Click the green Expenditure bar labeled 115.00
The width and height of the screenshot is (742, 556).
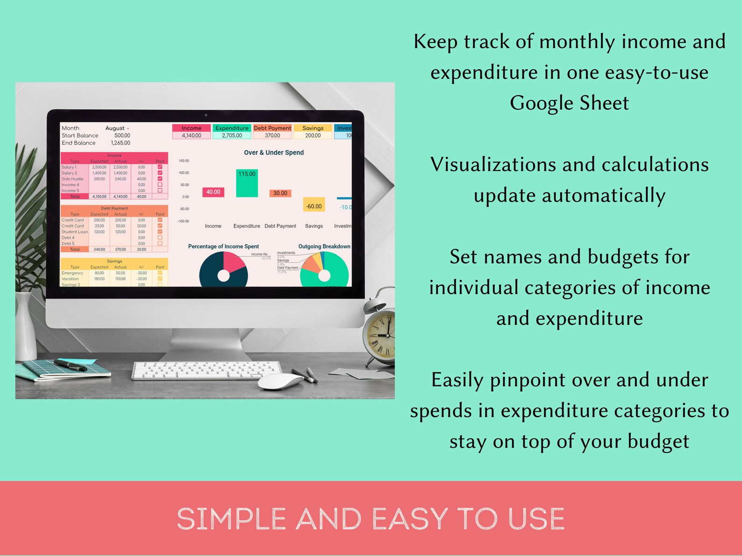(247, 183)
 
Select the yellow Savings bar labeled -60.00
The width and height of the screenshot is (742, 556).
(314, 205)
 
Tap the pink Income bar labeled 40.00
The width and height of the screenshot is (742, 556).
(213, 192)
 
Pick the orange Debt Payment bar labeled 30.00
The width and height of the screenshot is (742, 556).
(280, 193)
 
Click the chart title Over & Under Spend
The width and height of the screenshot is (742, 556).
(274, 153)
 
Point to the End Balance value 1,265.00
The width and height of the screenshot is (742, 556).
(121, 143)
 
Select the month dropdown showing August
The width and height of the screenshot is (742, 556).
(117, 128)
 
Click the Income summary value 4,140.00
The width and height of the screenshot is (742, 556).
(192, 135)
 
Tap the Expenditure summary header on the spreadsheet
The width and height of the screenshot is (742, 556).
(232, 128)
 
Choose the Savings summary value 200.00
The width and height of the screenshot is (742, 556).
(313, 135)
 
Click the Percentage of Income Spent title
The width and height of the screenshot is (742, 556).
(223, 246)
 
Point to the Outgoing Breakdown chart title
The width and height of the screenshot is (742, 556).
(324, 246)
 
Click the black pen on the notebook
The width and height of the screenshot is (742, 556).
(70, 365)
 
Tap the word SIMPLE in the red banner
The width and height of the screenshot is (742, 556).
(231, 519)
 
